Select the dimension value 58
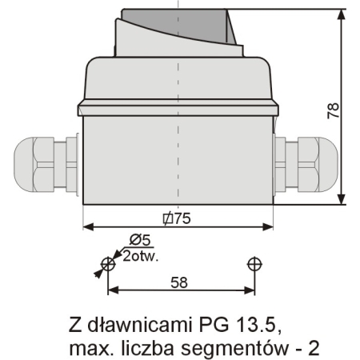pyautogui.click(x=180, y=282)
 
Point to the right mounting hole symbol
pyautogui.click(x=254, y=263)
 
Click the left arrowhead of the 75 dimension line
pyautogui.click(x=89, y=226)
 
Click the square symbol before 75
pyautogui.click(x=166, y=218)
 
